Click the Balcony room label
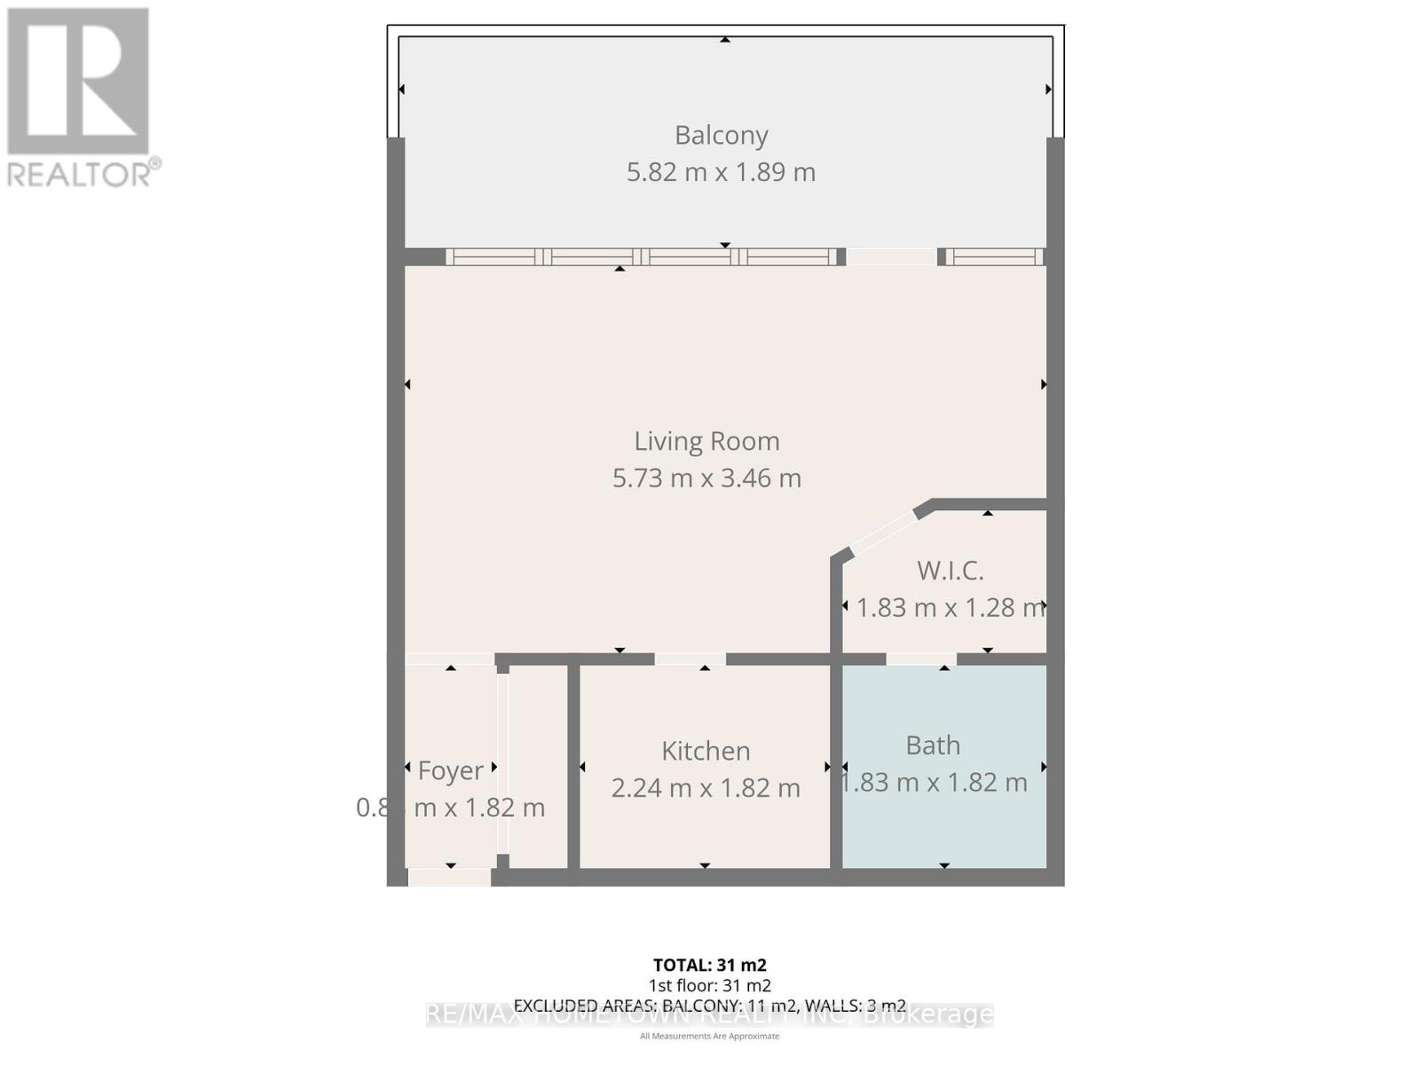(721, 135)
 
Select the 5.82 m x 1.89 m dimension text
(721, 171)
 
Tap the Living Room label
(706, 441)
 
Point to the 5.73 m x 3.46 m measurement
(706, 477)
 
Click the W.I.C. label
(950, 570)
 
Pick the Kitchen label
(706, 751)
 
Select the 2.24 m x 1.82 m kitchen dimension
(706, 787)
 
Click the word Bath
(933, 745)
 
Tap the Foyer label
(451, 770)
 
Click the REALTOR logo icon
(78, 81)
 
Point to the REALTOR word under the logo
(83, 173)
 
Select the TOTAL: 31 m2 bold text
(709, 965)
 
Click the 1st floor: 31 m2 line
(709, 985)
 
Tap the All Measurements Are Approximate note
(709, 1036)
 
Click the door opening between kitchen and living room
(690, 659)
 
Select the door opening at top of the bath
(921, 659)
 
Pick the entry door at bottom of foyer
(449, 877)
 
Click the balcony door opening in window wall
(891, 256)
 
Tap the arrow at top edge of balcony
(725, 39)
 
